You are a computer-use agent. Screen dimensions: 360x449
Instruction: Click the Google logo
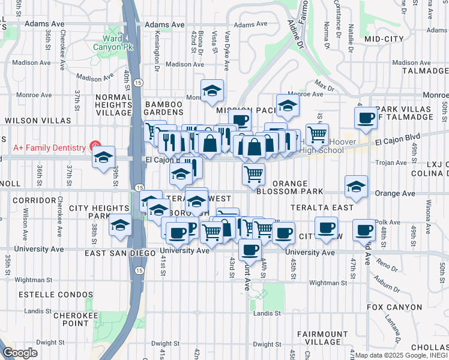(x=20, y=353)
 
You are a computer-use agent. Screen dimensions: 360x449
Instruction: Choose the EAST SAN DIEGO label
(x=121, y=254)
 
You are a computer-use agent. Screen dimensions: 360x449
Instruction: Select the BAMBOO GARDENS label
(x=163, y=109)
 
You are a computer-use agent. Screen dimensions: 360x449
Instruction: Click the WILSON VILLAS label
(x=30, y=121)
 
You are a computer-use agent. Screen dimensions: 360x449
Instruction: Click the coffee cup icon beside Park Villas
(x=365, y=119)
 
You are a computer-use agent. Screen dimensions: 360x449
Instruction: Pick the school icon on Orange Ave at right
(x=356, y=187)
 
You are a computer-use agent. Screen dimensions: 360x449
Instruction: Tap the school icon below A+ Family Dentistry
(x=103, y=158)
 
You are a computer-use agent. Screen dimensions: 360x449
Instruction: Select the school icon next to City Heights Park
(x=120, y=225)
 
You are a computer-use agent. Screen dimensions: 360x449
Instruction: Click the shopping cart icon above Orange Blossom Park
(x=254, y=174)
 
